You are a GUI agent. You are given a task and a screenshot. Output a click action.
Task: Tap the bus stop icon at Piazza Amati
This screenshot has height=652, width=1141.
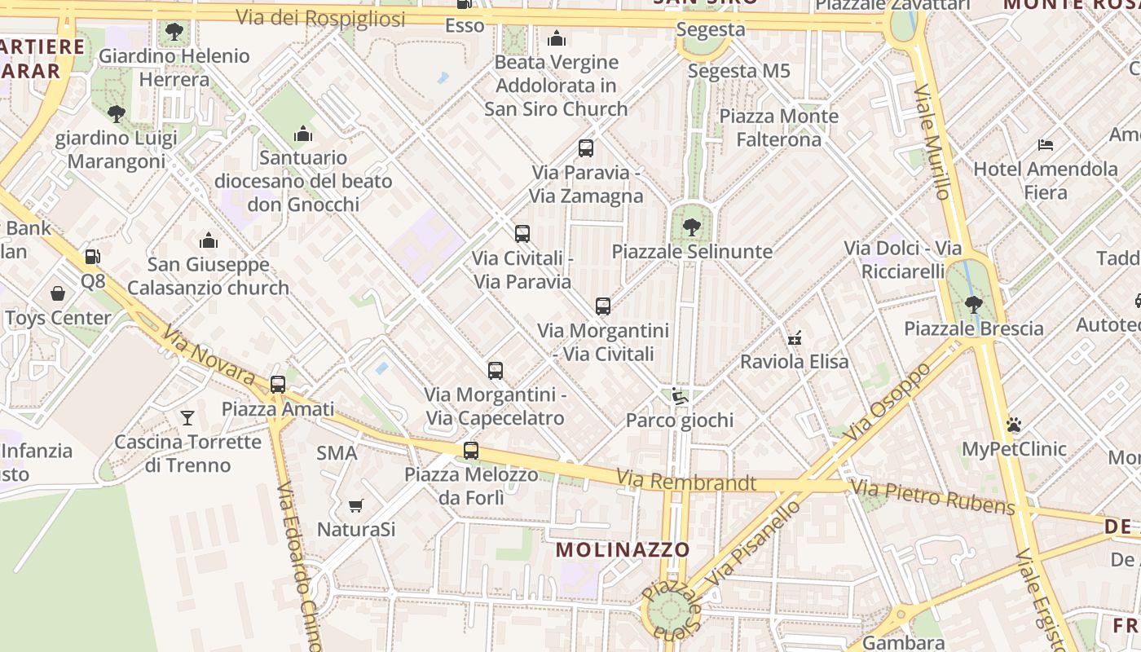(278, 384)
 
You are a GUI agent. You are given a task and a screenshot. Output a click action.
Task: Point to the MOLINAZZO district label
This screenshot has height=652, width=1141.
(623, 550)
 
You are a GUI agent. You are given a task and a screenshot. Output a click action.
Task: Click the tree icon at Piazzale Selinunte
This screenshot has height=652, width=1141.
(691, 227)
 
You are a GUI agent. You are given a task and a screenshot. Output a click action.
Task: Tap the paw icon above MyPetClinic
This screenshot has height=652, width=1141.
(1014, 425)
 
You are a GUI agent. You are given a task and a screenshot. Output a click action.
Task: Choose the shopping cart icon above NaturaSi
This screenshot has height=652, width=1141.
(355, 506)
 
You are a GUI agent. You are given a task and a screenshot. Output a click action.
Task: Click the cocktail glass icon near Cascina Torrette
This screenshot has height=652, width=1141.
(187, 418)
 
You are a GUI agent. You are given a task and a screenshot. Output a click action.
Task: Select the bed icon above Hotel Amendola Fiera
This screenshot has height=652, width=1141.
(1046, 145)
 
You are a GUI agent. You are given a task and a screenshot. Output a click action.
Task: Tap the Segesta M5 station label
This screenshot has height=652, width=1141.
(739, 71)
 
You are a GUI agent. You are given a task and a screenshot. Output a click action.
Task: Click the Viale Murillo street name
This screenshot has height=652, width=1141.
(932, 142)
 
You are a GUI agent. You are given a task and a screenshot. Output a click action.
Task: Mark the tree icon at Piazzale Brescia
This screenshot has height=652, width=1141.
(973, 305)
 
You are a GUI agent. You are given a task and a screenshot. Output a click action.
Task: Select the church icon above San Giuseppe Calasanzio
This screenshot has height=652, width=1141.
(209, 240)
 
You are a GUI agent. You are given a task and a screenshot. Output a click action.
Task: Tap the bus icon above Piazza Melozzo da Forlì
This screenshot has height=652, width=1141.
(471, 450)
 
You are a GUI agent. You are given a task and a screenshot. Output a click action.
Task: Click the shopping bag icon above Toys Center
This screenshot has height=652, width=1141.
(58, 293)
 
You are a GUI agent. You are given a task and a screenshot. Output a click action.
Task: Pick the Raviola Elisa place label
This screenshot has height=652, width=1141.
(794, 361)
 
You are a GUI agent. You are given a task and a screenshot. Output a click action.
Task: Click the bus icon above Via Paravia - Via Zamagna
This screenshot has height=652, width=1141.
(586, 148)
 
